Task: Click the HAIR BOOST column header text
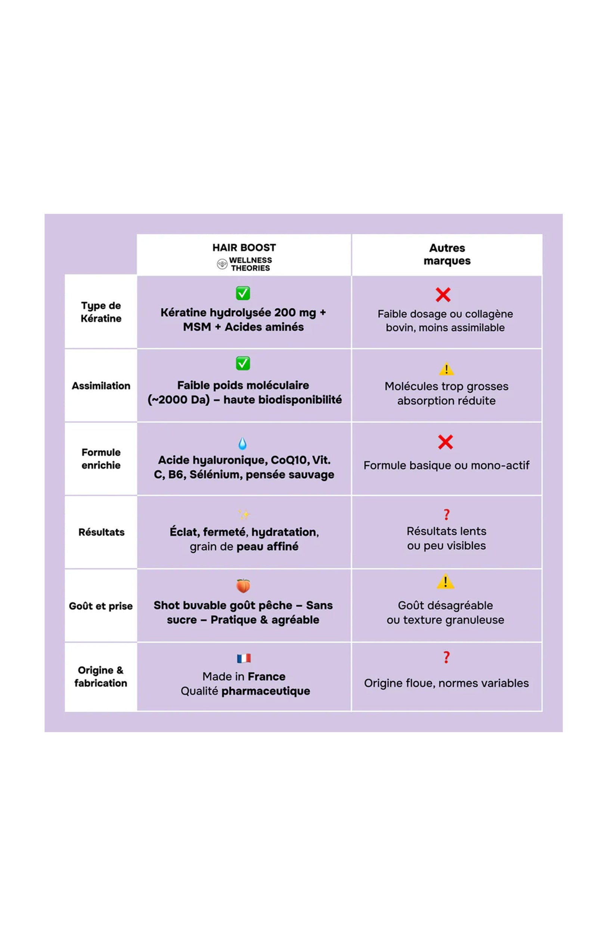pyautogui.click(x=244, y=248)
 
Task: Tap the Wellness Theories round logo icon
pyautogui.click(x=222, y=264)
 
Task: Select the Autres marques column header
pyautogui.click(x=447, y=254)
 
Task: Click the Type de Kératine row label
pyautogui.click(x=101, y=312)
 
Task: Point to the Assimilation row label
pyautogui.click(x=101, y=386)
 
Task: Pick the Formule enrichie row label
pyautogui.click(x=101, y=458)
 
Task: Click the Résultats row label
pyautogui.click(x=102, y=532)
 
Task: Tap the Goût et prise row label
pyautogui.click(x=101, y=606)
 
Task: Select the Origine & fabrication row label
pyautogui.click(x=101, y=676)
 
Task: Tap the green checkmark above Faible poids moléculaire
pyautogui.click(x=243, y=363)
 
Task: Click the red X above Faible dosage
pyautogui.click(x=443, y=295)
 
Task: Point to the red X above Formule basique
pyautogui.click(x=445, y=442)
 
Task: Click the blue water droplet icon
pyautogui.click(x=242, y=443)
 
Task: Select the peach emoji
pyautogui.click(x=243, y=585)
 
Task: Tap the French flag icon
pyautogui.click(x=243, y=658)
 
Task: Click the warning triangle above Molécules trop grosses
pyautogui.click(x=447, y=369)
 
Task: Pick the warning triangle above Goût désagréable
pyautogui.click(x=445, y=581)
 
